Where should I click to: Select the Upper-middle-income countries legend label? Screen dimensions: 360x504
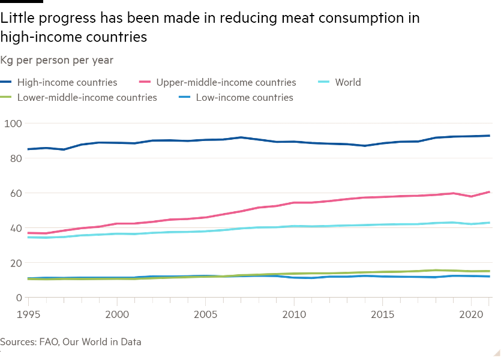point(226,82)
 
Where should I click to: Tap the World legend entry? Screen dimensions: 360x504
point(347,82)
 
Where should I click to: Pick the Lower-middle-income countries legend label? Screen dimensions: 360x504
point(87,97)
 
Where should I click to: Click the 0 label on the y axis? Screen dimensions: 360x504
point(19,298)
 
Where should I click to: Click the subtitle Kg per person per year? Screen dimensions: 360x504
point(57,60)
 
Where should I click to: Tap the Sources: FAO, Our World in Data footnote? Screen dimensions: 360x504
point(71,342)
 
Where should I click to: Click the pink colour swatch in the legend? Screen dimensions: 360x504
point(144,82)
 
